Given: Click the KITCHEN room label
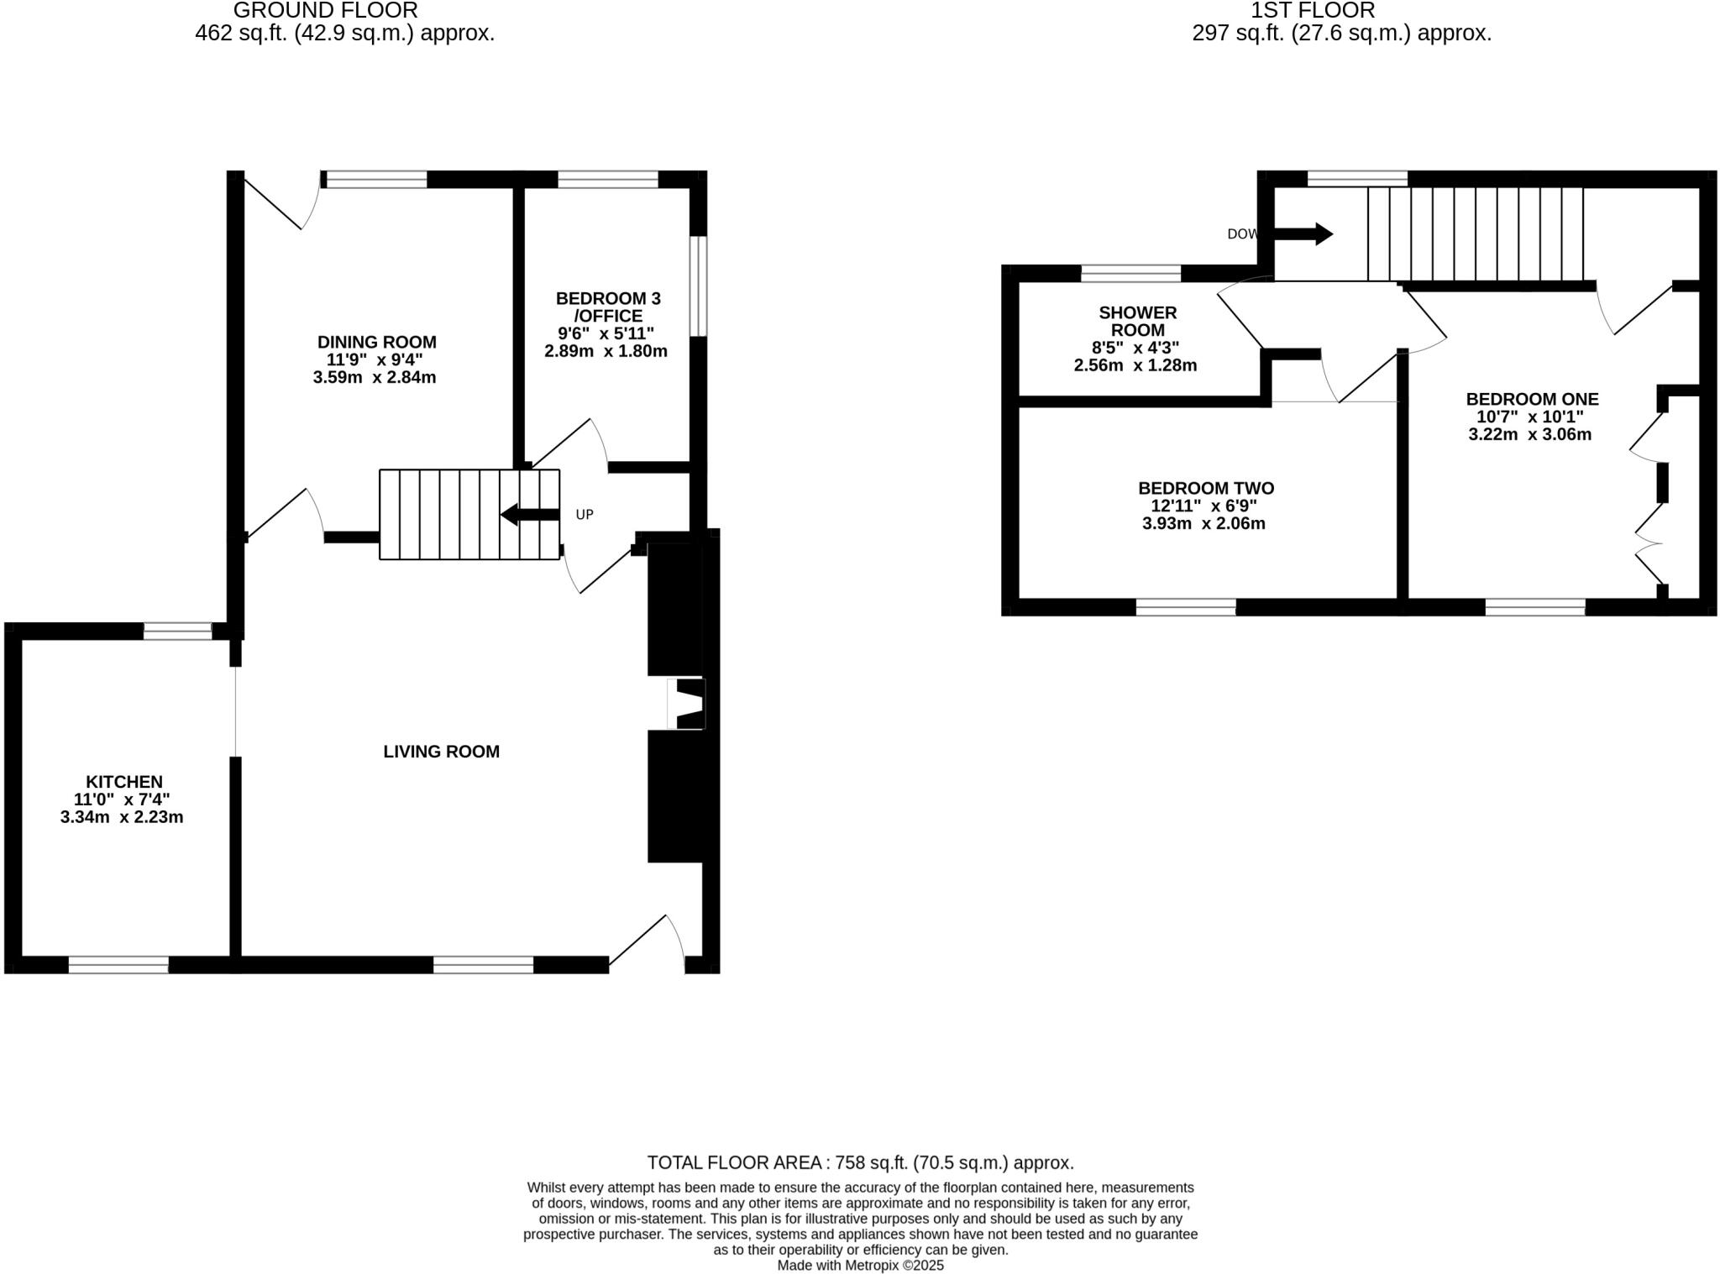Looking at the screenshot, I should [x=123, y=782].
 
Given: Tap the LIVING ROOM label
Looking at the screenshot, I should [x=441, y=752].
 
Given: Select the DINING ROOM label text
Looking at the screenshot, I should [x=376, y=342].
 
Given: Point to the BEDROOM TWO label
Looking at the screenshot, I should [x=1205, y=488].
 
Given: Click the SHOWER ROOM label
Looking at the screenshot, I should [x=1137, y=321].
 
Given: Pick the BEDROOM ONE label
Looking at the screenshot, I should [x=1532, y=399].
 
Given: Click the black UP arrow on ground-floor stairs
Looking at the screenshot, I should [x=530, y=514].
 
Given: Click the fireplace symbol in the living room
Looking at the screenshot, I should [x=687, y=704].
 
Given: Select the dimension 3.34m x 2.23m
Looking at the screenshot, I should [x=122, y=817].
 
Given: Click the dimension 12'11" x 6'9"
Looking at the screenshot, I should [x=1203, y=506].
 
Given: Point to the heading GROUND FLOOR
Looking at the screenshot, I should [x=325, y=11].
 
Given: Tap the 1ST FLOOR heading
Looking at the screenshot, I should [x=1313, y=11].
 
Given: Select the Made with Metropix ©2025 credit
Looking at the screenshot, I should [x=860, y=1265].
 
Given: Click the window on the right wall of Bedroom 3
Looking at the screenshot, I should [x=698, y=286].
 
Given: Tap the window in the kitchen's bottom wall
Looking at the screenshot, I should [x=118, y=964].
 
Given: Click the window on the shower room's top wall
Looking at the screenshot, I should [x=1130, y=272].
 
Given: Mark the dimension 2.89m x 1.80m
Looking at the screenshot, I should [x=606, y=351].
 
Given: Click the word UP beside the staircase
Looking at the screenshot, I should [x=585, y=514].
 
